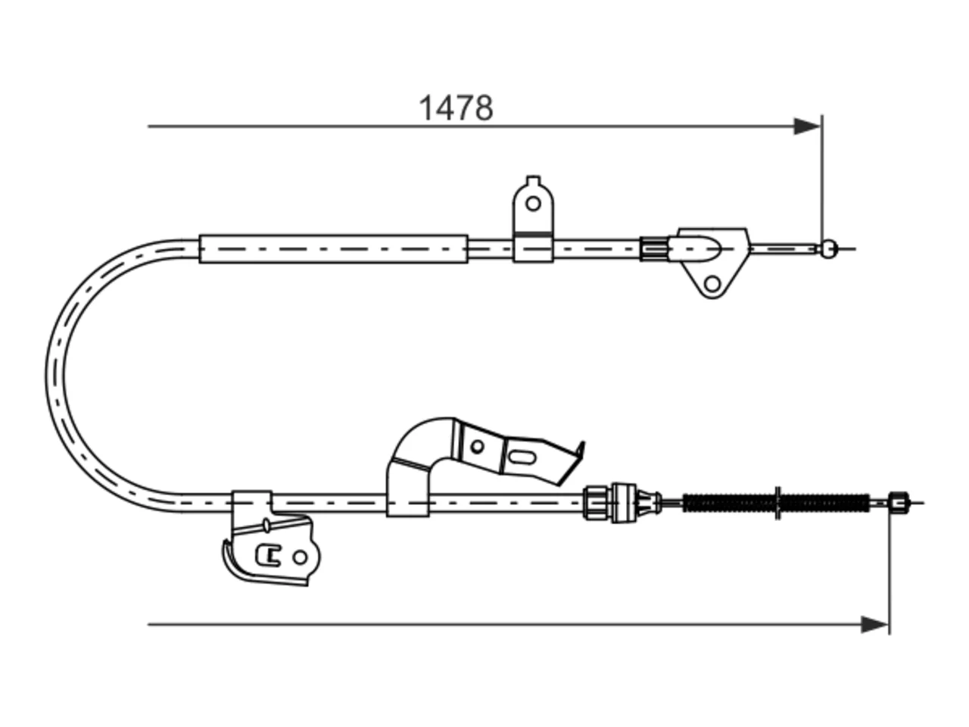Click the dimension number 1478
[x=455, y=108]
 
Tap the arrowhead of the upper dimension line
[x=806, y=126]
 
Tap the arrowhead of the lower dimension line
[x=874, y=625]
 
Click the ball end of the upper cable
[x=829, y=249]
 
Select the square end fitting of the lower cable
[x=898, y=503]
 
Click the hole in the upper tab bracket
[x=533, y=204]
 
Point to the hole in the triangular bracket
[x=712, y=284]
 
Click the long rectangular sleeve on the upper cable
[x=333, y=249]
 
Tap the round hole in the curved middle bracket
[x=477, y=446]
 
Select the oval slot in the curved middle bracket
[x=522, y=457]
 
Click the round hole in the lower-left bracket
[x=300, y=557]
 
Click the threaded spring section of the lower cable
[x=776, y=503]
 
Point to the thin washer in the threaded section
[x=777, y=503]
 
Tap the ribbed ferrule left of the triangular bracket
[x=654, y=249]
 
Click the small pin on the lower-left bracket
[x=266, y=525]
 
